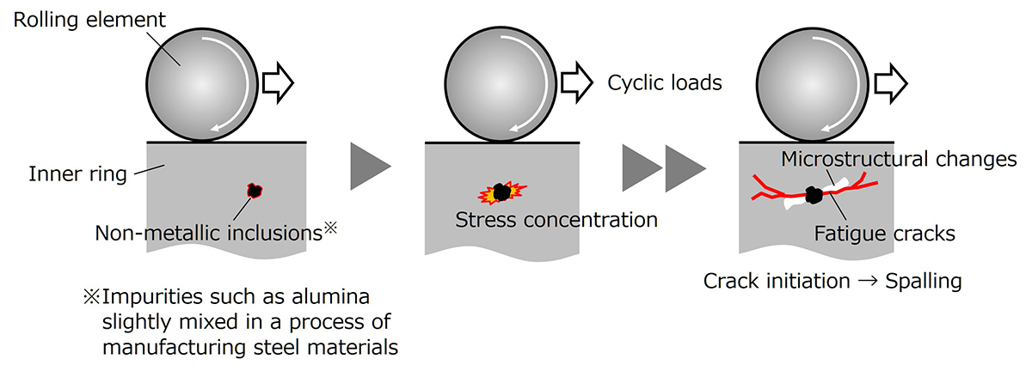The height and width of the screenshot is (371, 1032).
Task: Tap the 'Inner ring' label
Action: tap(65, 174)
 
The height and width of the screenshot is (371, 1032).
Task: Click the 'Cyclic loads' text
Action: tap(665, 83)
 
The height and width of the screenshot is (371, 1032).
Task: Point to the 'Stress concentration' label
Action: tap(556, 219)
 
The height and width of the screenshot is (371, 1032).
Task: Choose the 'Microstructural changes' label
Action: tap(900, 160)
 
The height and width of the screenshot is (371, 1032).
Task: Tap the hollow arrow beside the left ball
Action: tap(278, 82)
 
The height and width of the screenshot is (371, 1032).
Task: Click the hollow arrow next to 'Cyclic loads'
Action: tap(576, 82)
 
